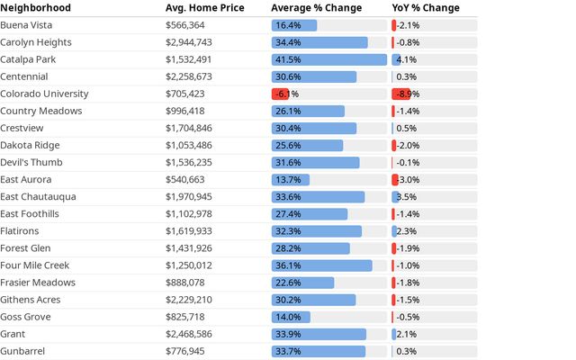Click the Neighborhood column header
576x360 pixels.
36,8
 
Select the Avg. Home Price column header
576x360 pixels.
204,8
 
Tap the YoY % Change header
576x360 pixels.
426,8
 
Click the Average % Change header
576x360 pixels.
316,8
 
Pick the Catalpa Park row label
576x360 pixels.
28,59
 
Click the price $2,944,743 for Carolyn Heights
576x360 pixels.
188,42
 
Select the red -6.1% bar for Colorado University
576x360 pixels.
280,94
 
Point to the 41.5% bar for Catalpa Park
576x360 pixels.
329,59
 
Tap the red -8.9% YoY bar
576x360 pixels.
401,94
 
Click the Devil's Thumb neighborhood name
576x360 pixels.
31,162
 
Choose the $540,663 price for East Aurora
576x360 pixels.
184,180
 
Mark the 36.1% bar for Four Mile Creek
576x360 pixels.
322,265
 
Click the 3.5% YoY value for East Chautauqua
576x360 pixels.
406,197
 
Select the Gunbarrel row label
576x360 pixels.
22,351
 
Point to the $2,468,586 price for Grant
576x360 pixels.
188,334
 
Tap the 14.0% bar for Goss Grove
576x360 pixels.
291,317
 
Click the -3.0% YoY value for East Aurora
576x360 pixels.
408,180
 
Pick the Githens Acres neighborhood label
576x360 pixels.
30,300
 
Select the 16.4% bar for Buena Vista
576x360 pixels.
294,25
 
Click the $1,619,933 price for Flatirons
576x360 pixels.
188,231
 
